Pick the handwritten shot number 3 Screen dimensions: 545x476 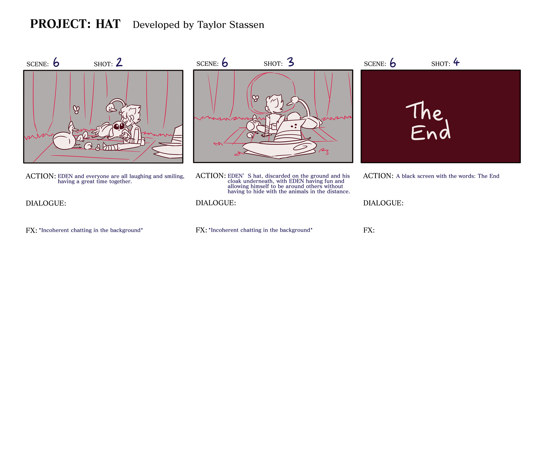click(x=291, y=62)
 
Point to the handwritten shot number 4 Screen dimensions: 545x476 click(x=456, y=62)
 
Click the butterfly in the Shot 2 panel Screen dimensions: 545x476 click(x=76, y=109)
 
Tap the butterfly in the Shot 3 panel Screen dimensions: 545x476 click(x=255, y=98)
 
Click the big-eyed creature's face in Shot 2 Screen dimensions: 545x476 click(x=119, y=127)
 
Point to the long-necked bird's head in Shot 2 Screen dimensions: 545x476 click(x=111, y=108)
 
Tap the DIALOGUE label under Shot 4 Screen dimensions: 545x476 click(x=383, y=203)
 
